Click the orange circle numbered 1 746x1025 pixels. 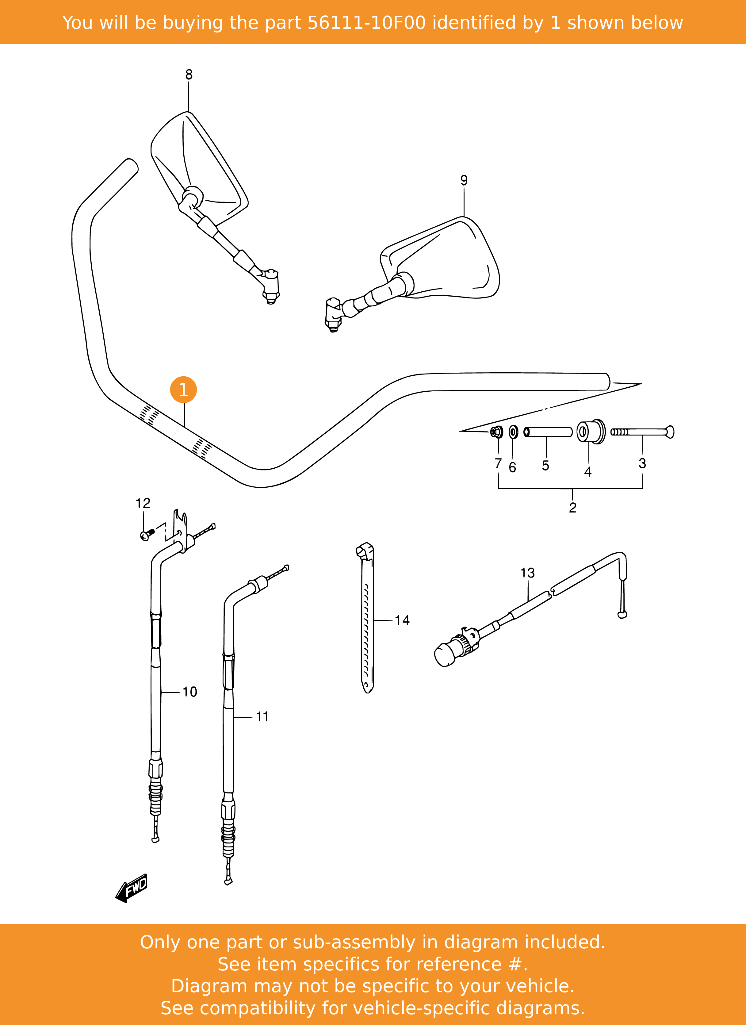tap(183, 390)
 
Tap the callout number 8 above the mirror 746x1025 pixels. tap(189, 75)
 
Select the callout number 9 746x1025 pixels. tap(464, 180)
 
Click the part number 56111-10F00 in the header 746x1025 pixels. tap(366, 23)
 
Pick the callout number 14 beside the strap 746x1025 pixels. tap(402, 620)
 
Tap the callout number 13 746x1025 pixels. tap(527, 573)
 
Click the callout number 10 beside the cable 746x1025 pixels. tap(190, 692)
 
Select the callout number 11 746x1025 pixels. tap(262, 717)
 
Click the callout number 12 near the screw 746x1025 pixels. tap(143, 503)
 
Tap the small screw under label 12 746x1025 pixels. tap(147, 535)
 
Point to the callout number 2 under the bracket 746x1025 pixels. tap(572, 508)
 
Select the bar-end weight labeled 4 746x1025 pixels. tap(591, 432)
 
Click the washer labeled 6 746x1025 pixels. tap(513, 432)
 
